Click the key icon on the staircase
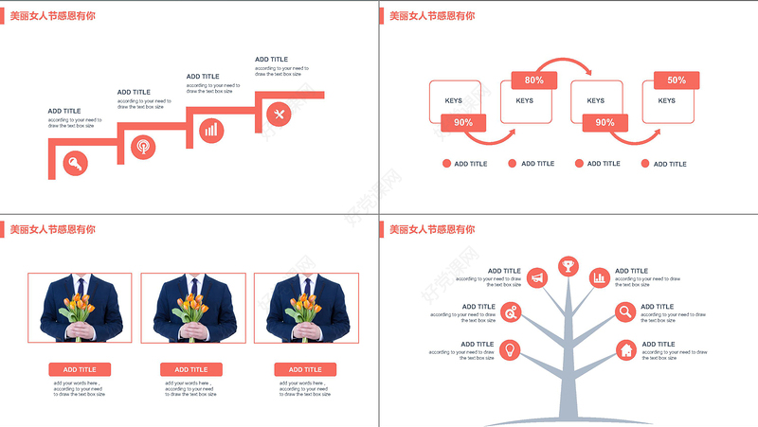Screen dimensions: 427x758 pyautogui.click(x=76, y=165)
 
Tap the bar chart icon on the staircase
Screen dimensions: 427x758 pyautogui.click(x=211, y=130)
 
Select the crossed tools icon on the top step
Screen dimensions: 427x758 pyautogui.click(x=279, y=115)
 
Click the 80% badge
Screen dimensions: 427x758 pyautogui.click(x=533, y=80)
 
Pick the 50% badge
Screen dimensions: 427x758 pyautogui.click(x=677, y=80)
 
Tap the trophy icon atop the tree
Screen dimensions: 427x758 pyautogui.click(x=568, y=266)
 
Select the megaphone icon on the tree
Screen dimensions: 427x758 pyautogui.click(x=537, y=277)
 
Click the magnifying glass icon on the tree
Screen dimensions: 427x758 pyautogui.click(x=625, y=311)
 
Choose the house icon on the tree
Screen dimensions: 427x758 pyautogui.click(x=625, y=350)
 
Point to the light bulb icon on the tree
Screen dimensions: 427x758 pyautogui.click(x=510, y=349)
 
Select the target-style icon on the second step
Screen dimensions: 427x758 pyautogui.click(x=143, y=148)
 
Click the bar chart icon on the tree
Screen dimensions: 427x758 pyautogui.click(x=599, y=277)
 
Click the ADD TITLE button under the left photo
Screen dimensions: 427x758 pyautogui.click(x=80, y=369)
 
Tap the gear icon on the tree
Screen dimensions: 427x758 pyautogui.click(x=511, y=311)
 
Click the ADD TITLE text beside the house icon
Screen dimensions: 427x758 pyautogui.click(x=659, y=345)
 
